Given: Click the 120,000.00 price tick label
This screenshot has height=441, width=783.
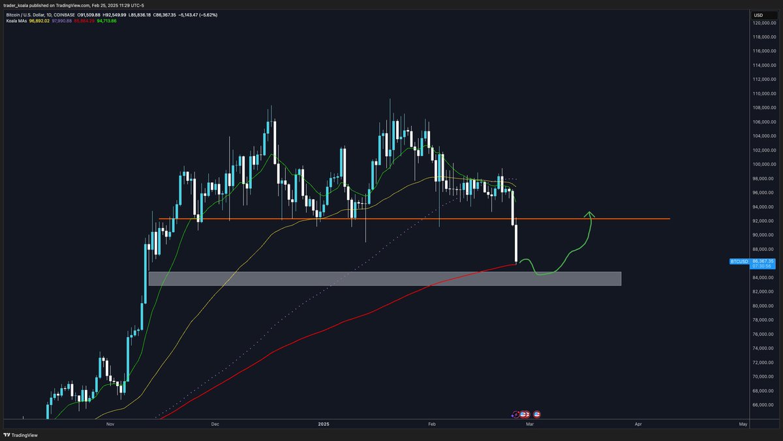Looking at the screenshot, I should click(763, 23).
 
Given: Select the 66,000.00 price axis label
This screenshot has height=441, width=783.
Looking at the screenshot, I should click(763, 405).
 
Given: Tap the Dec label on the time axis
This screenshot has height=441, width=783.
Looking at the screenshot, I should click(215, 424).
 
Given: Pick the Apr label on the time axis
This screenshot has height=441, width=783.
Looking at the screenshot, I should click(637, 424).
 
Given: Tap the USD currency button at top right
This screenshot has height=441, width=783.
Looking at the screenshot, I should click(758, 14).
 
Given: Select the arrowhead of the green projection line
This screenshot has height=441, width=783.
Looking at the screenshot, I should click(589, 213).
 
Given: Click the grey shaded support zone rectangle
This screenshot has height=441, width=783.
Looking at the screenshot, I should click(385, 278).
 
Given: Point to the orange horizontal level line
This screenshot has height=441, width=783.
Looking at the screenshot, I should click(391, 219).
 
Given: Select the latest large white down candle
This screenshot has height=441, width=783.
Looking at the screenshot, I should click(516, 243).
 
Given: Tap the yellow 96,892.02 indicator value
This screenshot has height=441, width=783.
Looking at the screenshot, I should click(40, 21).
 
